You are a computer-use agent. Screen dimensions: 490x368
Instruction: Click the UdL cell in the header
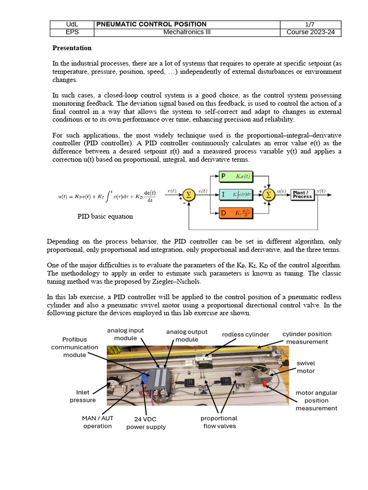tap(72, 24)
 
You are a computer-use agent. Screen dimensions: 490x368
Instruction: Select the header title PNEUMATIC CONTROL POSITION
tap(152, 24)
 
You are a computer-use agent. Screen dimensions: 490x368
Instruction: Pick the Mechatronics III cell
tap(187, 33)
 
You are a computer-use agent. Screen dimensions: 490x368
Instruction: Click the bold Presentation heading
tap(72, 48)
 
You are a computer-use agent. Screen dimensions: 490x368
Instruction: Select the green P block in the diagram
tap(237, 177)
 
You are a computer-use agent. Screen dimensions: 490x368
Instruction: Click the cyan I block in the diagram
tap(237, 194)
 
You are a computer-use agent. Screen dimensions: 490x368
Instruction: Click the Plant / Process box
tap(302, 194)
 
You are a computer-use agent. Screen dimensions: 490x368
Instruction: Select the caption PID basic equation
tap(105, 216)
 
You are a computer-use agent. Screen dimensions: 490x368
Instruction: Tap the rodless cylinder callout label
tap(245, 334)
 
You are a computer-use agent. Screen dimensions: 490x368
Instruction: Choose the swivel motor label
tap(306, 367)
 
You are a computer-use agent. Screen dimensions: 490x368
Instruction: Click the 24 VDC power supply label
tap(146, 423)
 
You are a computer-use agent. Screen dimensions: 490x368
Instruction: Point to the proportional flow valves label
tap(219, 422)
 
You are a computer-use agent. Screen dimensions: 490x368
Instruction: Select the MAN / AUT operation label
tap(97, 422)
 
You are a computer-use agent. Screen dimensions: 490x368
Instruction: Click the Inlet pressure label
tap(82, 396)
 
